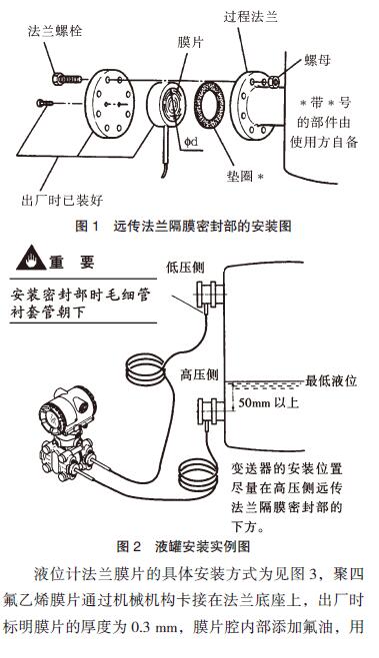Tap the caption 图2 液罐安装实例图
(189, 546)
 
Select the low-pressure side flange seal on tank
(211, 294)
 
